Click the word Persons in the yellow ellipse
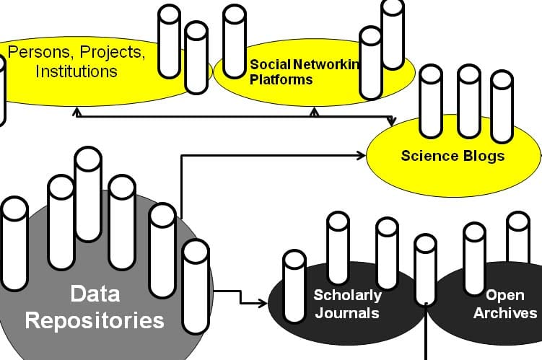(x=37, y=53)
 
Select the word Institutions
(x=77, y=71)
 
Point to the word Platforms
(x=281, y=79)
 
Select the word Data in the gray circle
(x=95, y=294)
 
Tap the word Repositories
(x=95, y=320)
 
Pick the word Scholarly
(x=347, y=295)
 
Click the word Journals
(x=346, y=313)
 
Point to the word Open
(x=504, y=295)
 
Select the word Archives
(x=504, y=313)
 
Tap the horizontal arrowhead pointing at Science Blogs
(x=363, y=154)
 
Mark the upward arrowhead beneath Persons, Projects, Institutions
(x=76, y=112)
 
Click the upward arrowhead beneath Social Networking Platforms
(x=314, y=112)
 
